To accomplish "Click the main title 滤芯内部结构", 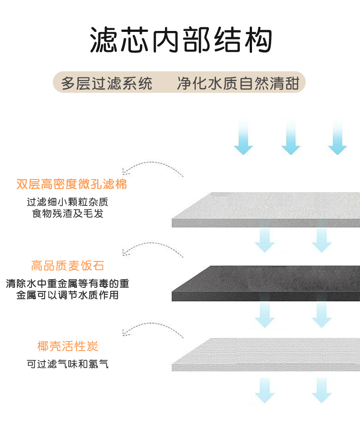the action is [x=180, y=40].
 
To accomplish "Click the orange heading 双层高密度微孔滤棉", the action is [x=72, y=184].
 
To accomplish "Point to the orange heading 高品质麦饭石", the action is [x=67, y=266].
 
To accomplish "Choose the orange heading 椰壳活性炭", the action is [x=67, y=347].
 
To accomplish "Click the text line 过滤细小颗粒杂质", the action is [x=67, y=202].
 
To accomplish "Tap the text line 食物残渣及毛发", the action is [x=67, y=213].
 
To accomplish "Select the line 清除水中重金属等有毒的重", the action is [x=67, y=283].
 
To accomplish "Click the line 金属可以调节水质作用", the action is [x=67, y=295].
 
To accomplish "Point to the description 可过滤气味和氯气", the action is [x=67, y=364].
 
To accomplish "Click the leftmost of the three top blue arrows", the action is [x=243, y=137].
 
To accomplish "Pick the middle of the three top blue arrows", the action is [x=290, y=137].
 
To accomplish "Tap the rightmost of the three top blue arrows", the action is [x=338, y=137].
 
